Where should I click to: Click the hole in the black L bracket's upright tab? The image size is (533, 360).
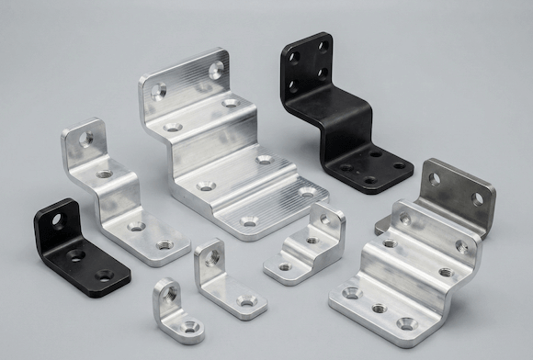[x=56, y=219]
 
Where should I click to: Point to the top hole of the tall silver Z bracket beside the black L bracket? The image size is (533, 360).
[x=89, y=140]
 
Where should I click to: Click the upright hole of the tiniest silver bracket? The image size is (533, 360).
[x=170, y=294]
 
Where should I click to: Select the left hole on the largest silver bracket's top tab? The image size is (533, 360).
[x=159, y=91]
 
